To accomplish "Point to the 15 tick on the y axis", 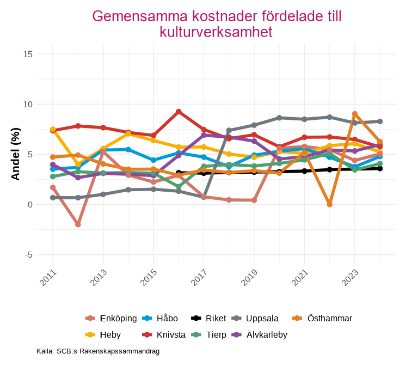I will pos(28,54).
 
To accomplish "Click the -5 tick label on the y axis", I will pos(28,255).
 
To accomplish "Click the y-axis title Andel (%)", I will pos(16,154).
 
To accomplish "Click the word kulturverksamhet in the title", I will pos(216,32).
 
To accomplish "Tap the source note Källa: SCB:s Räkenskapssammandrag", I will pos(98,351).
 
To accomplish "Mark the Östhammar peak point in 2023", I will pos(355,114).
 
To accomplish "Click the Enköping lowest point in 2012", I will pos(78,224).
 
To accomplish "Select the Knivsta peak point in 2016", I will pos(179,112).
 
